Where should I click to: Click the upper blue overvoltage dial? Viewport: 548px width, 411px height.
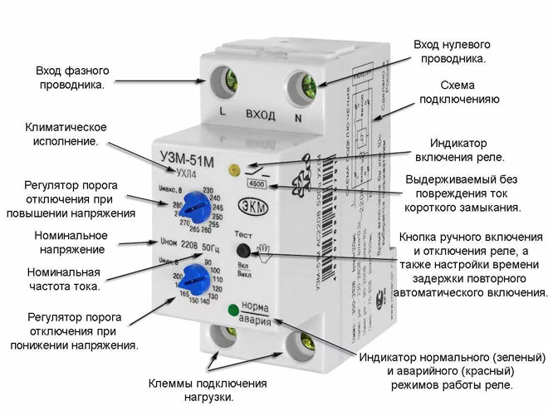196,203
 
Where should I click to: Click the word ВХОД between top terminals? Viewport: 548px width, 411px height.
260,115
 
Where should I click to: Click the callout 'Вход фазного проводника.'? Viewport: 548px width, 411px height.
71,77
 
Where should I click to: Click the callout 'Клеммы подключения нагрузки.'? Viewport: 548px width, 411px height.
208,391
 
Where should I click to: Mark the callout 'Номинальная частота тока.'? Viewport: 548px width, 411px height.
64,279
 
